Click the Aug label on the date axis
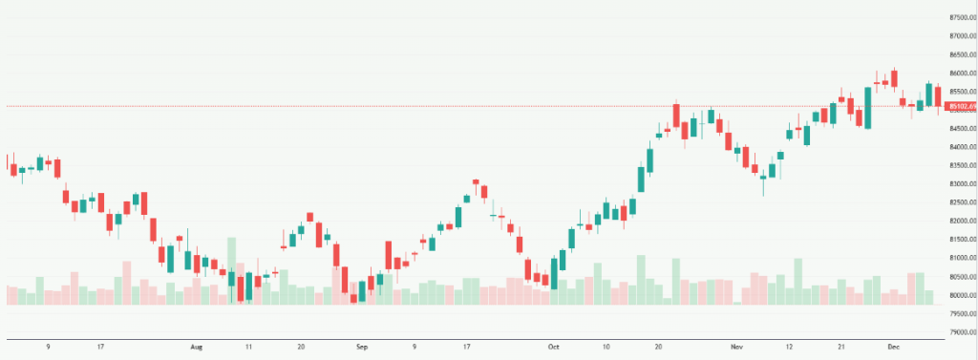point(198,349)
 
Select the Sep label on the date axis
point(361,349)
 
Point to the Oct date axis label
point(555,349)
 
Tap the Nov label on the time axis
point(735,349)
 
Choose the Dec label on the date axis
point(895,349)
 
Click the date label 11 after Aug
point(249,349)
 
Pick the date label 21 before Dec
point(841,349)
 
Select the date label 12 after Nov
point(790,349)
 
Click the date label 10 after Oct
point(606,349)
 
